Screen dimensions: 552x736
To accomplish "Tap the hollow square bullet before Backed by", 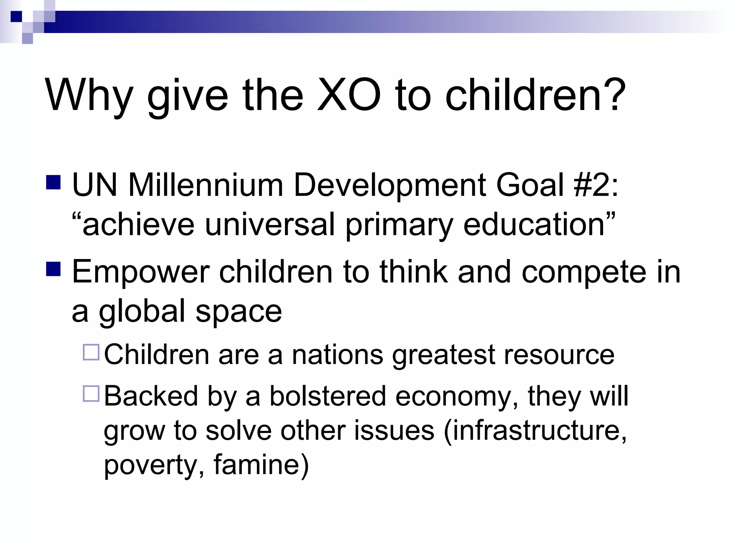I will click(91, 394).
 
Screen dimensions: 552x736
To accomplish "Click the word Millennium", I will click(206, 185).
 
